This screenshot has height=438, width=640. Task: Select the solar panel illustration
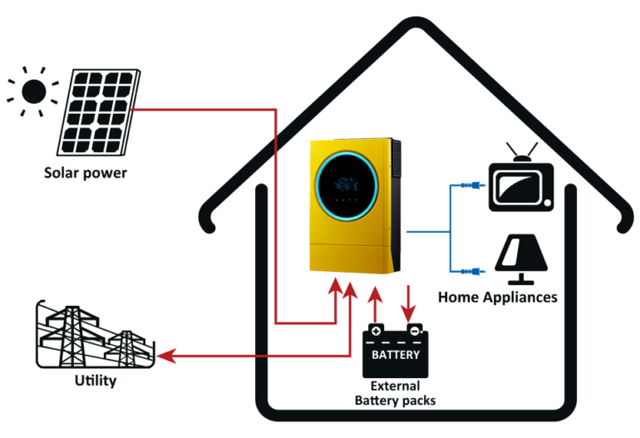tap(98, 113)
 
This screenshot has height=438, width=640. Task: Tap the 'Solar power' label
tap(86, 175)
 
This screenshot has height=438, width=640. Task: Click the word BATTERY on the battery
tap(395, 355)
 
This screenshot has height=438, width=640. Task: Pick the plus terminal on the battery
tap(376, 332)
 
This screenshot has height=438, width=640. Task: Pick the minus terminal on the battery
tap(414, 332)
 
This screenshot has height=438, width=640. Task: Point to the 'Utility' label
tap(93, 381)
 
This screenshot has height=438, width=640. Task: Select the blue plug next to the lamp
tap(469, 270)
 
